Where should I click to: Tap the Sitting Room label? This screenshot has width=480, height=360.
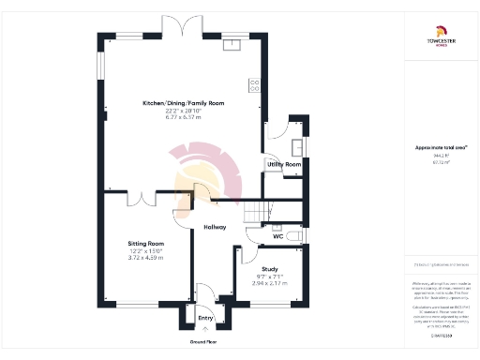tap(145, 244)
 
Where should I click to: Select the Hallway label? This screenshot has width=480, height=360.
tap(217, 228)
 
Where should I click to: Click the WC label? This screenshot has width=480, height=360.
tap(277, 236)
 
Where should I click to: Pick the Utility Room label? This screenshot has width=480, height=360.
tap(284, 164)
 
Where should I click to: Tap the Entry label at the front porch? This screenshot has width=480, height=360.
tap(205, 318)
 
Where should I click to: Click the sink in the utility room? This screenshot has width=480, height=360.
tap(298, 146)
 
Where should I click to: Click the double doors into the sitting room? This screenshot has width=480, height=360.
tap(142, 199)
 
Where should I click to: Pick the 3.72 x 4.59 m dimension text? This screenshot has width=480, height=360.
tap(145, 257)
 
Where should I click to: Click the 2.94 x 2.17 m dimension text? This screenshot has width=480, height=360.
tap(269, 281)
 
